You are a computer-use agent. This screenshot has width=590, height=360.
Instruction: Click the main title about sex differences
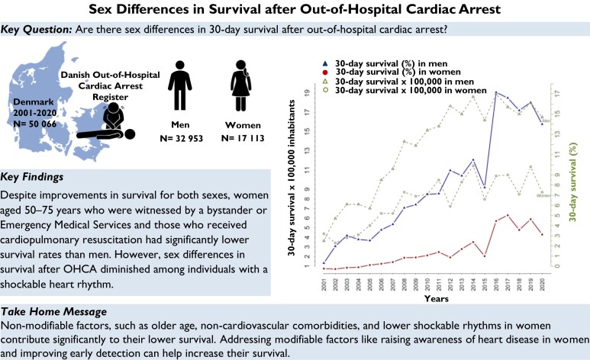tap(295, 9)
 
